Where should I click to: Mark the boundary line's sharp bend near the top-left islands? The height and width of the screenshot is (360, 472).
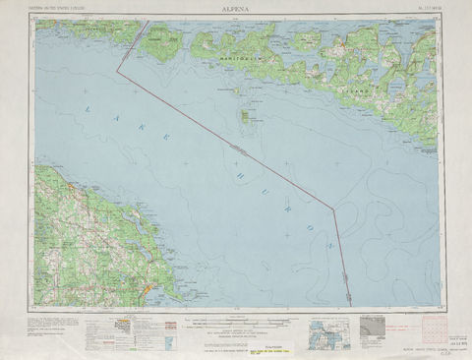(x=119, y=71)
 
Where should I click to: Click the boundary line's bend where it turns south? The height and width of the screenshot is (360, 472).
(x=333, y=209)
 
